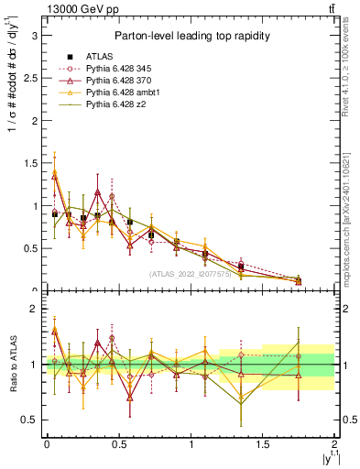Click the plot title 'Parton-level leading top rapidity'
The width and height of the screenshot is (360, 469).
(x=190, y=36)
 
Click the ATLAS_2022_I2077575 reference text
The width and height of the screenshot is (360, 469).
(x=190, y=274)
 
